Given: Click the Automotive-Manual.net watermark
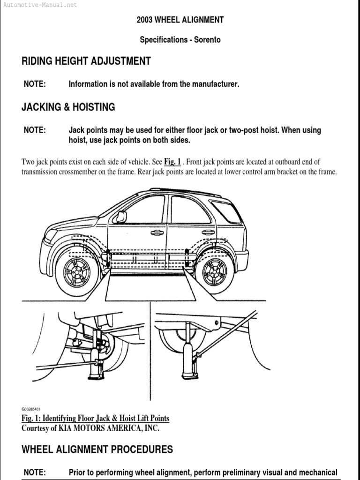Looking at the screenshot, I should coord(39,5).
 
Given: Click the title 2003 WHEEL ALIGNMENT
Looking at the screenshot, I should coord(180,20).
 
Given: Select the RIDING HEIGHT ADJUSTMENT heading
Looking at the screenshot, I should coord(86,61).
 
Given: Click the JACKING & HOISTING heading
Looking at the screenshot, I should coord(68,107).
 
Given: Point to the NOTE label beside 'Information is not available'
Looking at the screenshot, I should coord(35,84).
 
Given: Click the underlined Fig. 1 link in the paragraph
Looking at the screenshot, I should coord(172,162).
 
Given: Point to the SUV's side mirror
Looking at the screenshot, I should coord(121,217).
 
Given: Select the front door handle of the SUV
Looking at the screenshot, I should coord(157,232).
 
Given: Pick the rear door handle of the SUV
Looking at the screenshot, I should coord(208,232).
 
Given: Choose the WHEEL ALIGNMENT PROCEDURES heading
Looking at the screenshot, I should coord(97,450).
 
